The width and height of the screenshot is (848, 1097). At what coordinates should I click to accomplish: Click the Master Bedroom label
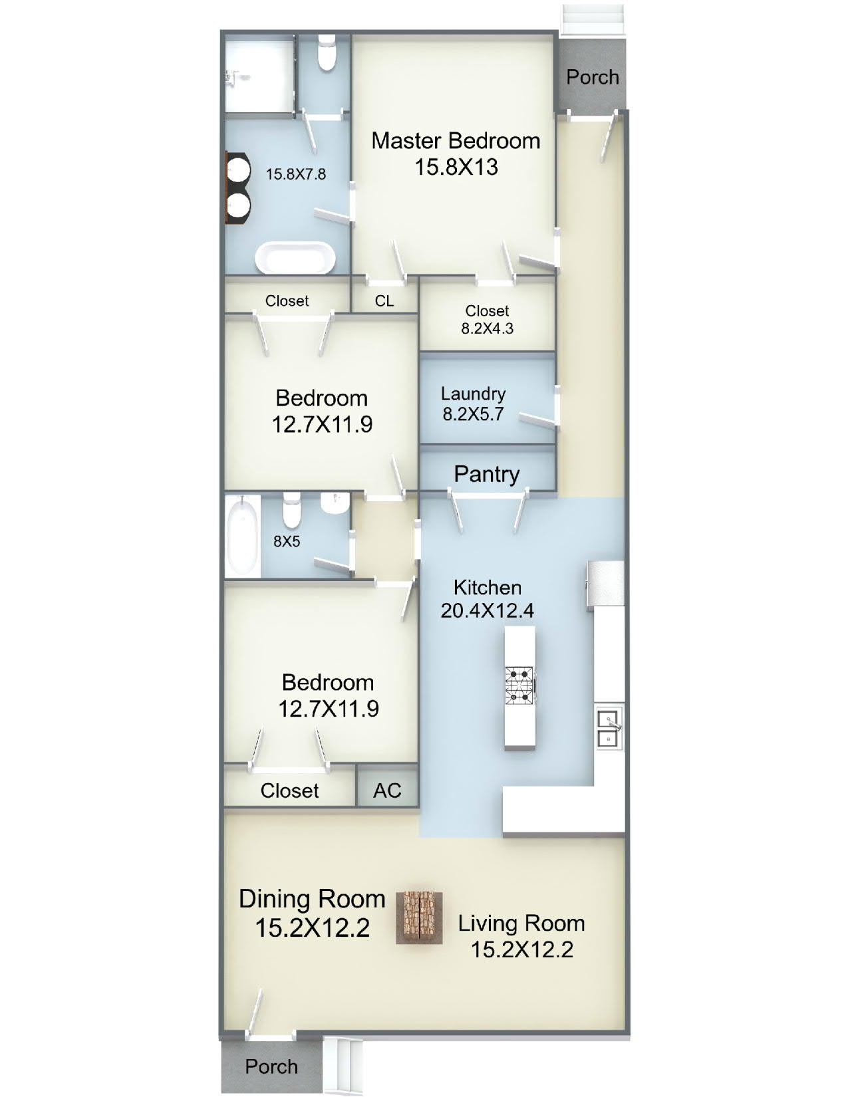point(456,141)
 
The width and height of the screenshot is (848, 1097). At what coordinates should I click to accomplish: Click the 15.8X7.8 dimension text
point(295,175)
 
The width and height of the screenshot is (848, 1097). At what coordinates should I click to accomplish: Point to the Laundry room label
point(473,394)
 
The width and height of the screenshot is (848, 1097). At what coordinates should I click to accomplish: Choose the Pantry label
point(486,474)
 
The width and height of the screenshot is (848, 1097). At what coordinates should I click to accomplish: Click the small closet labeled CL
point(384,301)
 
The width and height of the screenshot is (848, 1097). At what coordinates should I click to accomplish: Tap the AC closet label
point(387,791)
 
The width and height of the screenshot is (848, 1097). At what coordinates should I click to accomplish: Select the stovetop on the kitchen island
point(519,685)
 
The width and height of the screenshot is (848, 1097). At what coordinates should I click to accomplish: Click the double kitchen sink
point(610,729)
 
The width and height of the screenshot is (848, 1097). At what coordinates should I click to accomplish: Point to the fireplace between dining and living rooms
point(419,917)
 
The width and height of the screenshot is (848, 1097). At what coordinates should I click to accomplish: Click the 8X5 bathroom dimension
point(287,542)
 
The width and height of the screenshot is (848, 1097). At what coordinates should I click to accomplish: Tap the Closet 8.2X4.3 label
point(487,320)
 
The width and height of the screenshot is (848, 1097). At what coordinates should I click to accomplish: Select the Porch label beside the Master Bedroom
point(593,77)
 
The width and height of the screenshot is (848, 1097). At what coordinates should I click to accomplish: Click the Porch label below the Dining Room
point(271,1066)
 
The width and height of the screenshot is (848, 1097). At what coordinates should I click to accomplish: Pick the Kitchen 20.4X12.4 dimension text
point(487,611)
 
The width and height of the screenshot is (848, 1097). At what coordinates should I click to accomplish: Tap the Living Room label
point(521,923)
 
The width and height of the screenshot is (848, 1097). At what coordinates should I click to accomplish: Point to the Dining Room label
point(312,899)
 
